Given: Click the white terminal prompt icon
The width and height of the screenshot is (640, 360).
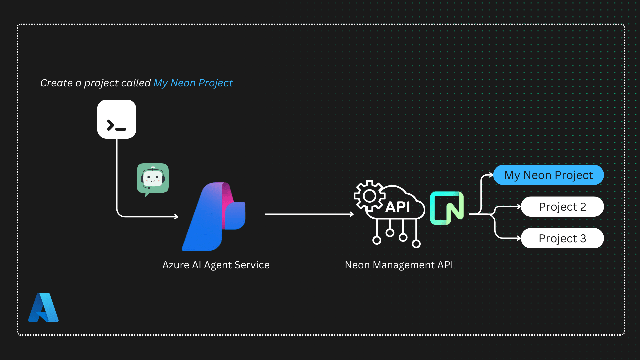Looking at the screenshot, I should [x=117, y=119].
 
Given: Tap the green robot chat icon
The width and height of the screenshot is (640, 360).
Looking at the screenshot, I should [x=153, y=179].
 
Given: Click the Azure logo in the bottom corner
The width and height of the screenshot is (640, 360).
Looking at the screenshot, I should [x=43, y=308].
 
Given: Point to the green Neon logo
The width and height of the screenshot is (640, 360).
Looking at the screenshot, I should [x=447, y=208].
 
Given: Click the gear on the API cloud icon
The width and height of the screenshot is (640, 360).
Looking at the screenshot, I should [x=369, y=196].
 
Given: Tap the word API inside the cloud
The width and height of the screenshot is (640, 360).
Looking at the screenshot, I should [x=398, y=207].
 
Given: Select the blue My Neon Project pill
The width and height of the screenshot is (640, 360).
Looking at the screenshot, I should [x=548, y=175].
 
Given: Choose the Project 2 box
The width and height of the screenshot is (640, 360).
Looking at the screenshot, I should [x=562, y=207].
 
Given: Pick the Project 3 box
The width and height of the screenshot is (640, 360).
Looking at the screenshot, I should [x=562, y=238].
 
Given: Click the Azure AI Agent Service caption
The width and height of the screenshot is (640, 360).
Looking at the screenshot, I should [x=216, y=265].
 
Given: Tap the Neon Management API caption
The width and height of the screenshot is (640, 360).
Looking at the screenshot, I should [x=399, y=265].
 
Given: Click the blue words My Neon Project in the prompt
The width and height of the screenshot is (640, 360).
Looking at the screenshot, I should [x=193, y=83].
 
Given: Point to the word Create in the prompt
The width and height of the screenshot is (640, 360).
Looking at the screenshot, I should [x=56, y=83].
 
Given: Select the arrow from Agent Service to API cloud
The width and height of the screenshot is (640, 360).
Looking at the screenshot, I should [x=309, y=214].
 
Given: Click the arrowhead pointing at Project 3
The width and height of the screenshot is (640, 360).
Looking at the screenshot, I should [x=519, y=238].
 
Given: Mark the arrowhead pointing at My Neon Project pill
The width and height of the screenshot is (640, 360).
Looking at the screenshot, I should [x=491, y=175].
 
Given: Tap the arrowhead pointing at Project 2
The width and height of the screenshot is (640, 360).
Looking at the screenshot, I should [x=519, y=207].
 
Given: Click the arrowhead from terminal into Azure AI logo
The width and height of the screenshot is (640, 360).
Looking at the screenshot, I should [x=176, y=217].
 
